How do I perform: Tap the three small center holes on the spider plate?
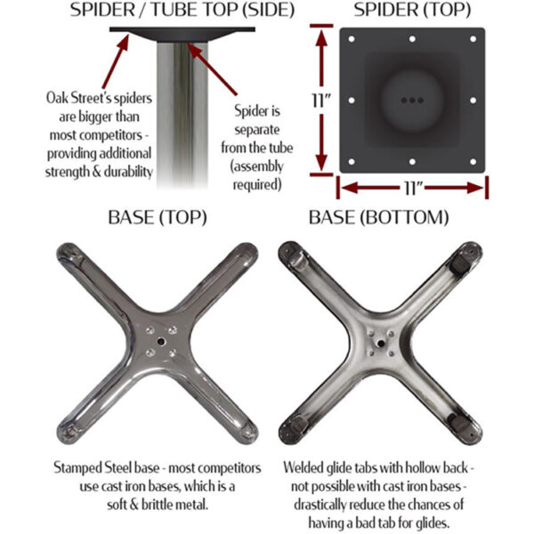point(411,100)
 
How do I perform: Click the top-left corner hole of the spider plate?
point(352,40)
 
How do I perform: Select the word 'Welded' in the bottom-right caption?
point(307,466)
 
